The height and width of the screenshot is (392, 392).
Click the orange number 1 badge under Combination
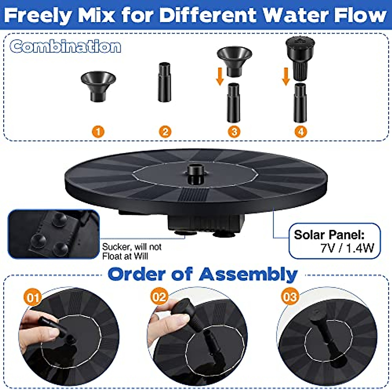98,132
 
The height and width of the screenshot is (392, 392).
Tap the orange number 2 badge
165,132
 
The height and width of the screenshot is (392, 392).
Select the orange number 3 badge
234,132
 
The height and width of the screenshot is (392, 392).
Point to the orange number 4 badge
301,132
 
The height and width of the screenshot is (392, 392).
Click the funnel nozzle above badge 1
98,86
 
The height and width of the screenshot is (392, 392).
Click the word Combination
65,46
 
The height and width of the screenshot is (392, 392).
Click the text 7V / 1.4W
347,248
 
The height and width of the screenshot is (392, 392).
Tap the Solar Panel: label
329,235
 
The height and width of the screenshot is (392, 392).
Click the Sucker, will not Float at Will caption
132,252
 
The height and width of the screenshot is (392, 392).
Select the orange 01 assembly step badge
33,298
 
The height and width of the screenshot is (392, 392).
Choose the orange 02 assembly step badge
159,297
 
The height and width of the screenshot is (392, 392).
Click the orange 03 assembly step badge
290,297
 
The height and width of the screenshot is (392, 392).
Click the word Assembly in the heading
248,274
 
